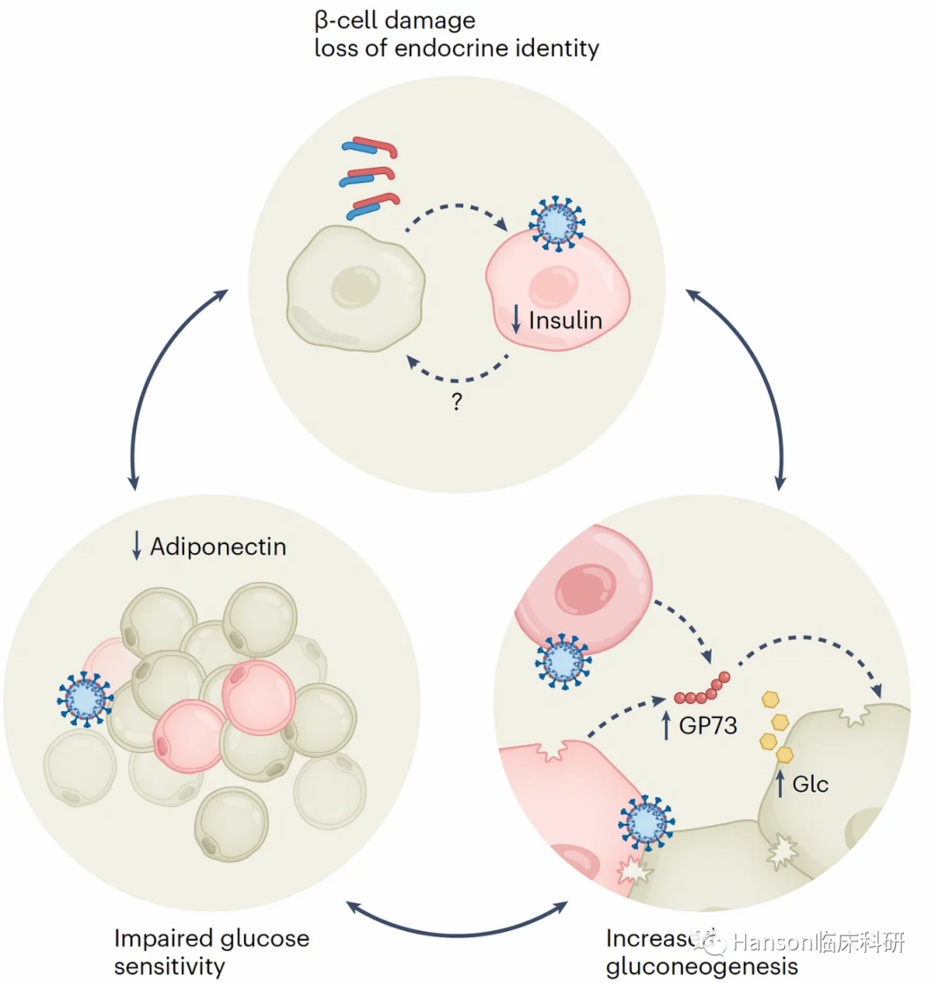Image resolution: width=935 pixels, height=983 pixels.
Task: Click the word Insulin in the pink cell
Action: pyautogui.click(x=565, y=320)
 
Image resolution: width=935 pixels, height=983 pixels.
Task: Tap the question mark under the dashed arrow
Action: pyautogui.click(x=457, y=402)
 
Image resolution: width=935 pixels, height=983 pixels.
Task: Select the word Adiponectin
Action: pyautogui.click(x=218, y=547)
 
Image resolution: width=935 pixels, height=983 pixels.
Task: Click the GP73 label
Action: pyautogui.click(x=707, y=725)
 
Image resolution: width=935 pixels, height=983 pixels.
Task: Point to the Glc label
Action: pyautogui.click(x=810, y=784)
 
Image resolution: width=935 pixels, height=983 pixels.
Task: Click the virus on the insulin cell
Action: pyautogui.click(x=556, y=223)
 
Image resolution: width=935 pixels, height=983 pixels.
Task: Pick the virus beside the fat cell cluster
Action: pyautogui.click(x=86, y=697)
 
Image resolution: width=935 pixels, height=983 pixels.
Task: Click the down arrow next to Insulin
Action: pyautogui.click(x=516, y=319)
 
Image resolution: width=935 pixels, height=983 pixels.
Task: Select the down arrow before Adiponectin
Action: pyautogui.click(x=136, y=546)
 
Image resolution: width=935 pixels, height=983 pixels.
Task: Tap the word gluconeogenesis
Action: pyautogui.click(x=701, y=966)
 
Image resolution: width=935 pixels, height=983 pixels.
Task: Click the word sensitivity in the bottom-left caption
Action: pyautogui.click(x=170, y=966)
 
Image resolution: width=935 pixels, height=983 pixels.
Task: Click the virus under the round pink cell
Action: pyautogui.click(x=564, y=661)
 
